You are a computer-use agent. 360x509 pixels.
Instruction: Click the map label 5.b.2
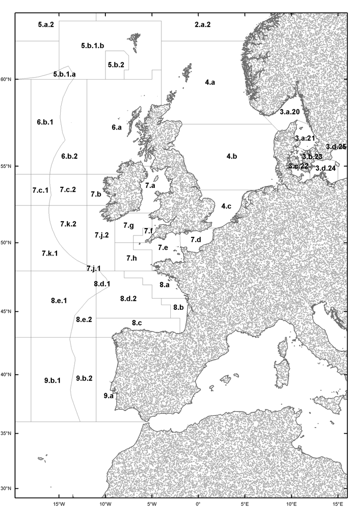tap(116, 65)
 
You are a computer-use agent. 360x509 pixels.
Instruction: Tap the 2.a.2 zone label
tap(202, 24)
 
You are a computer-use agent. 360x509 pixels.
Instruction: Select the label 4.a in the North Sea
tap(210, 83)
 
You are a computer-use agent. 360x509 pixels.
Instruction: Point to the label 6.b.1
tap(45, 122)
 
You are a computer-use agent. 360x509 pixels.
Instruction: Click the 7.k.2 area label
tap(68, 224)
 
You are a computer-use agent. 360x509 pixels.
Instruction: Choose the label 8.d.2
tap(128, 299)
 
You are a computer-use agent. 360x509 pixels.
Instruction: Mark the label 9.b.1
tap(53, 380)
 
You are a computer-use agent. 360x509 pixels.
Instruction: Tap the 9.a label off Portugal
tap(108, 396)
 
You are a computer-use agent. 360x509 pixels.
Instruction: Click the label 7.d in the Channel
tap(196, 240)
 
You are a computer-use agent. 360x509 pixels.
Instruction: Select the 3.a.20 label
tap(289, 112)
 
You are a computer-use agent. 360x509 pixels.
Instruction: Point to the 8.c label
tap(137, 323)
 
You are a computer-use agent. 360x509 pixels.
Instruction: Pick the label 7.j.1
tap(94, 268)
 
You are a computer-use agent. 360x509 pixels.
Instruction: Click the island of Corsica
tap(283, 348)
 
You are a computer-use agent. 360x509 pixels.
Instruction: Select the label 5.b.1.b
tap(92, 46)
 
